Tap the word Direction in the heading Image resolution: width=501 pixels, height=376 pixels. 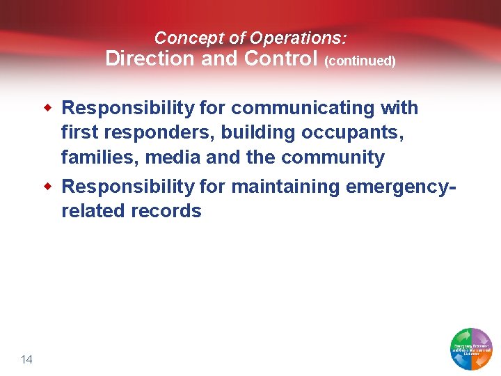click(150, 58)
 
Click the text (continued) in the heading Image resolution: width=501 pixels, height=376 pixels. click(360, 61)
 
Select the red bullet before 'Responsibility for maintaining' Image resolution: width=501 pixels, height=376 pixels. click(48, 186)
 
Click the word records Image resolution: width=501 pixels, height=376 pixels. click(166, 211)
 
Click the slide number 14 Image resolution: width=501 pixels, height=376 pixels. click(27, 359)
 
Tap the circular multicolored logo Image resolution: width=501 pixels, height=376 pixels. click(472, 348)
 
